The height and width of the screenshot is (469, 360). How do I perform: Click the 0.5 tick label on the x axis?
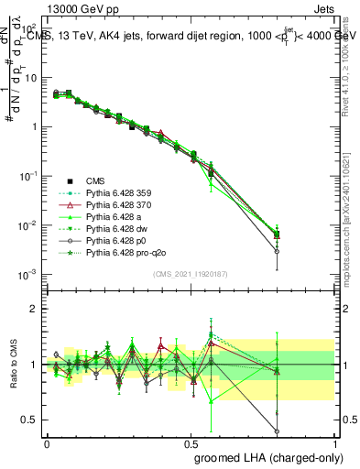click(x=190, y=443)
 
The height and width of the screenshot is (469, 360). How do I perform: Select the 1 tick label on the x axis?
click(x=334, y=443)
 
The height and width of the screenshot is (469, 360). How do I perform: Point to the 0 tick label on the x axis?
click(x=46, y=443)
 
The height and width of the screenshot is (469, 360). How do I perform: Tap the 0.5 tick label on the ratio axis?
click(x=32, y=420)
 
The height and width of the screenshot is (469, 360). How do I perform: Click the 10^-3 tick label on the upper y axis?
click(x=30, y=274)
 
